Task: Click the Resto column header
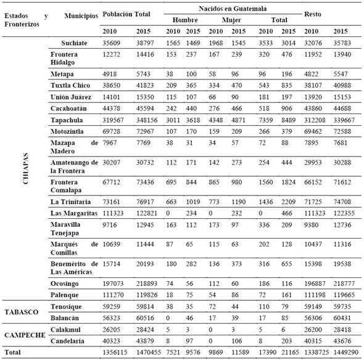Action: pos(314,13)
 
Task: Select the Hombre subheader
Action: pos(184,20)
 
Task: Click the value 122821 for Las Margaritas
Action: pos(148,213)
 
